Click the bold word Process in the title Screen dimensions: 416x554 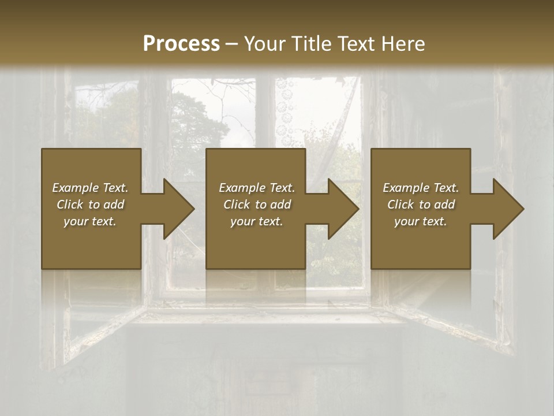181,43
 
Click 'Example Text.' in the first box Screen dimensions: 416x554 90,188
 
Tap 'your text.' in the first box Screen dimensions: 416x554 90,221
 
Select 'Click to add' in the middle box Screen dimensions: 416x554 257,205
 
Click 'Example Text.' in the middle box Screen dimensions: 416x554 257,188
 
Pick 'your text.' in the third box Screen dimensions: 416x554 421,221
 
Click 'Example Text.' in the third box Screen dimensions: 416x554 421,188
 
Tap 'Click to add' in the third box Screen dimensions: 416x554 421,205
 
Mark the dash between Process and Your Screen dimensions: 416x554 231,44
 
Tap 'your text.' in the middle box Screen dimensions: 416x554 257,221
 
